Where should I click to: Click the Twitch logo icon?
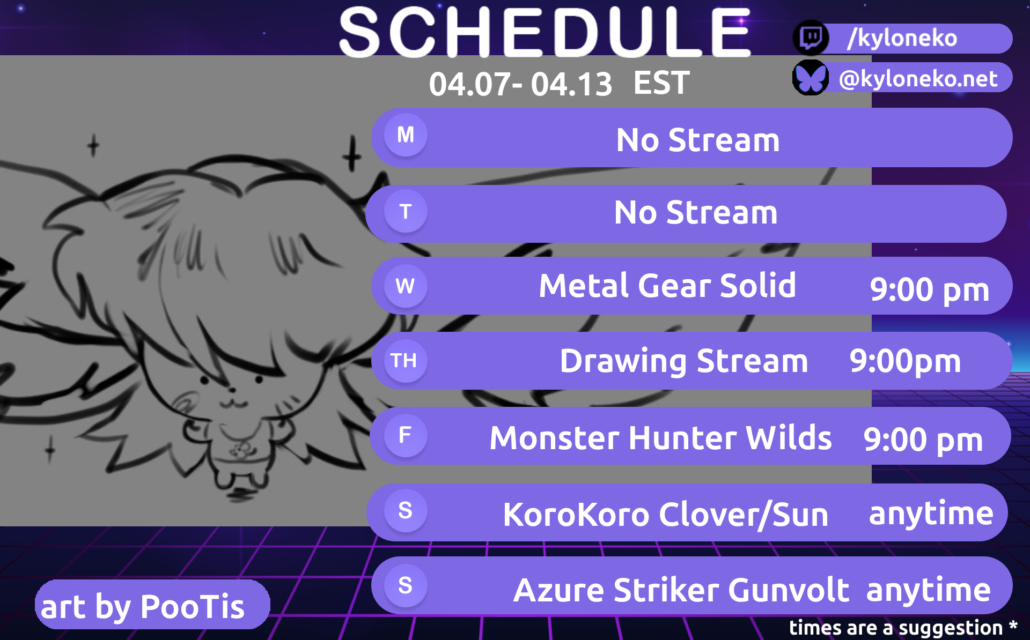point(811,38)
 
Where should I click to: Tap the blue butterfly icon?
point(811,78)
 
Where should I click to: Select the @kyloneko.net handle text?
point(918,79)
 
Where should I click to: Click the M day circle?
point(406,135)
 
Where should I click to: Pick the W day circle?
point(406,286)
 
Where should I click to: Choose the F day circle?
point(406,435)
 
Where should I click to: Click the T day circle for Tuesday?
point(406,211)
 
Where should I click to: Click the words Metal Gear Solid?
point(667,285)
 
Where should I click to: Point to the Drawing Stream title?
point(684,361)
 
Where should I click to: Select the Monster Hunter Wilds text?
point(660,438)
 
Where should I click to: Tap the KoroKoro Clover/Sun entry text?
point(666,515)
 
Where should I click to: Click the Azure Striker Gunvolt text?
point(681,590)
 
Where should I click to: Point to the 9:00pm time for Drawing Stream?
point(905,361)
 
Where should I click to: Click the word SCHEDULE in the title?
point(545,32)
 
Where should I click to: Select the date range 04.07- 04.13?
point(520,84)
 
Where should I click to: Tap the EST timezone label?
point(661,83)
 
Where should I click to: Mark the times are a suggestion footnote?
point(903,628)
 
